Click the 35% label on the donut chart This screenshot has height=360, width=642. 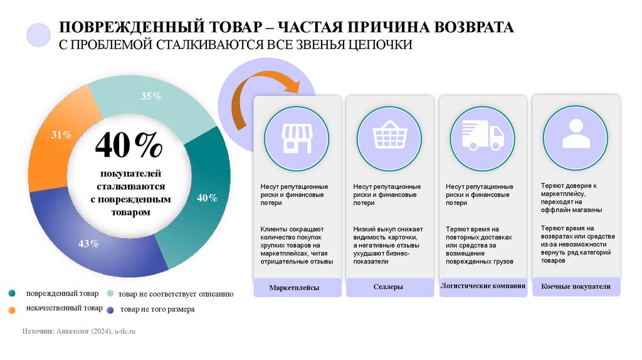[x=151, y=96]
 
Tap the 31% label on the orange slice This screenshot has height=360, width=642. [x=61, y=135]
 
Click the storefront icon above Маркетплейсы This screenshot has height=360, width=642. [x=297, y=138]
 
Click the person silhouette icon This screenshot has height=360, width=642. [x=575, y=133]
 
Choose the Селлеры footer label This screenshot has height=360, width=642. [x=387, y=287]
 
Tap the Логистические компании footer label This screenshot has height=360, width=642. [x=482, y=286]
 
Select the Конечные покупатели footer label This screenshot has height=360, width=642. [x=575, y=287]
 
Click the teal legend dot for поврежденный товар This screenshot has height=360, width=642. [x=12, y=294]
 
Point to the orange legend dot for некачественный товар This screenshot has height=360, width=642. [x=12, y=309]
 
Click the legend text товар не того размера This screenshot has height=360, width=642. [x=157, y=309]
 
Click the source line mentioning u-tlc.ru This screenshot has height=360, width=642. [x=78, y=330]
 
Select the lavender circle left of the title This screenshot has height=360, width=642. [x=39, y=36]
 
